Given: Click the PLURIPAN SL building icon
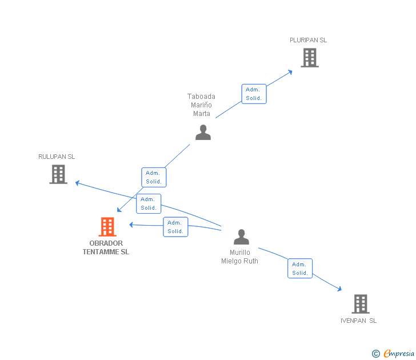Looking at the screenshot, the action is [309, 58].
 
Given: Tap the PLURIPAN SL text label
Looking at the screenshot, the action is [308, 40].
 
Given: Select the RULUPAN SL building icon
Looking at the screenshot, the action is [58, 174].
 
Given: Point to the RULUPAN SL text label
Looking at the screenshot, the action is [57, 157].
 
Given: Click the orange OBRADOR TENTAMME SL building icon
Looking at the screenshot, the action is [107, 227].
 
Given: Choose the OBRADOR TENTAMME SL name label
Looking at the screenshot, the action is [106, 247].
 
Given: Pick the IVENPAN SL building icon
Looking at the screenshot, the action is [360, 303].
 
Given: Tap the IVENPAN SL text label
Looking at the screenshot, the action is [358, 321].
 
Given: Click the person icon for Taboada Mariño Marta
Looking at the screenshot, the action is [203, 133].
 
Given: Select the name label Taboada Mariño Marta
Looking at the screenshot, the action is [201, 105].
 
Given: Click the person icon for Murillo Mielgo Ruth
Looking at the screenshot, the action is [242, 237].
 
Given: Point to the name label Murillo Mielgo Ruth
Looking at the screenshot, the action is [239, 257].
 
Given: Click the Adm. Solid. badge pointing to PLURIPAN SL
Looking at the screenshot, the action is [254, 94].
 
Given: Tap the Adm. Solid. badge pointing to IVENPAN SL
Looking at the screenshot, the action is [300, 269].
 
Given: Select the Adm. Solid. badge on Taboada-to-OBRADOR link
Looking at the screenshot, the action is [154, 177].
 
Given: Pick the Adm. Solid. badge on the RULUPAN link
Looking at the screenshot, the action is [149, 203].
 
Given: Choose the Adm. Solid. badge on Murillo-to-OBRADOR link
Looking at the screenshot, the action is [175, 227].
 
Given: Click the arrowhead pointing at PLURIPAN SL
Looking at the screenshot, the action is [290, 71].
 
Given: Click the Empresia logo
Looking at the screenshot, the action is [394, 354].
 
